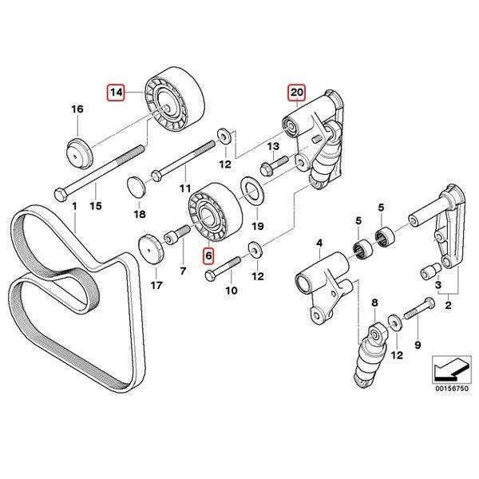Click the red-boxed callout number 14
(x=117, y=93)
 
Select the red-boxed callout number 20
(x=296, y=93)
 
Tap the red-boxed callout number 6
(x=208, y=256)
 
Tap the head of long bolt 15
(x=61, y=193)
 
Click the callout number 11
(x=185, y=188)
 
